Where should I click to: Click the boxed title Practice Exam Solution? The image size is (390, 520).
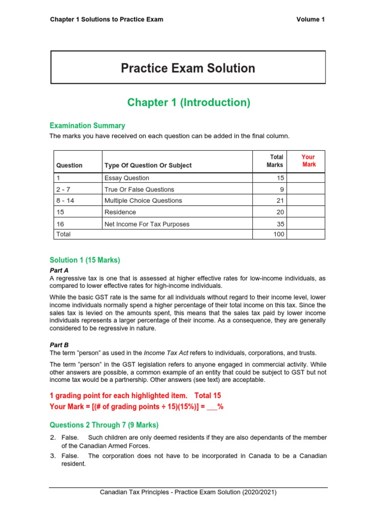[188, 68]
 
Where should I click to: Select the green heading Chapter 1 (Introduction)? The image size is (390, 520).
[188, 103]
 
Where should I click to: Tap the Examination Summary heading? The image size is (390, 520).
[87, 125]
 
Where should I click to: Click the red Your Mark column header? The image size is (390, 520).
[308, 160]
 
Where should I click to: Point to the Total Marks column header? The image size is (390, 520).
[275, 160]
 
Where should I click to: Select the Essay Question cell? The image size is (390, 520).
[127, 178]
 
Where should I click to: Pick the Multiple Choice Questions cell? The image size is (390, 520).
[143, 201]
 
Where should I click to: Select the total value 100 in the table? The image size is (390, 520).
[278, 234]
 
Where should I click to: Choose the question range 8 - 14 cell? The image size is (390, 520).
[65, 201]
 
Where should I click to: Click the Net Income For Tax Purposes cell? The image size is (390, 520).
[145, 223]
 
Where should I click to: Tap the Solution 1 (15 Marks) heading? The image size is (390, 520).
[84, 261]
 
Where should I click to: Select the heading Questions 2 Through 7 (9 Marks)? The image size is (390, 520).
[104, 425]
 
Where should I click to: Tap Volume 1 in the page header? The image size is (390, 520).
[310, 19]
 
